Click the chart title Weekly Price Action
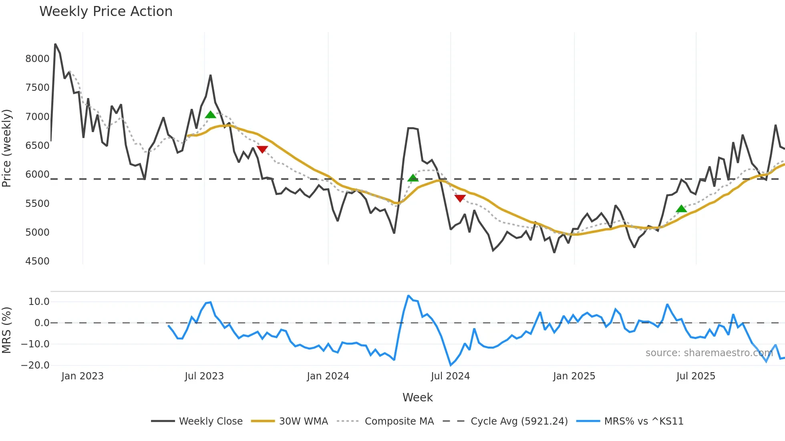tap(106, 12)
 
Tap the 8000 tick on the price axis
tap(37, 59)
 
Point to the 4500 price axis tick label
tap(37, 261)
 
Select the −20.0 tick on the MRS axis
tap(35, 365)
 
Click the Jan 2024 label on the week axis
tap(328, 376)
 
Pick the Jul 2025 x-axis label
tap(696, 376)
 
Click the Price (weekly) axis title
tap(7, 148)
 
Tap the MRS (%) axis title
tap(7, 330)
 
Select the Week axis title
tap(417, 397)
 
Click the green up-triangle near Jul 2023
tap(210, 115)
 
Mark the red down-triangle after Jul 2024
tap(460, 198)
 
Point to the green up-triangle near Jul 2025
tap(681, 208)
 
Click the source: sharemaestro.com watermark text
tap(709, 353)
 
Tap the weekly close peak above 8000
tap(55, 44)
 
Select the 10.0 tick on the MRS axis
tap(39, 302)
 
